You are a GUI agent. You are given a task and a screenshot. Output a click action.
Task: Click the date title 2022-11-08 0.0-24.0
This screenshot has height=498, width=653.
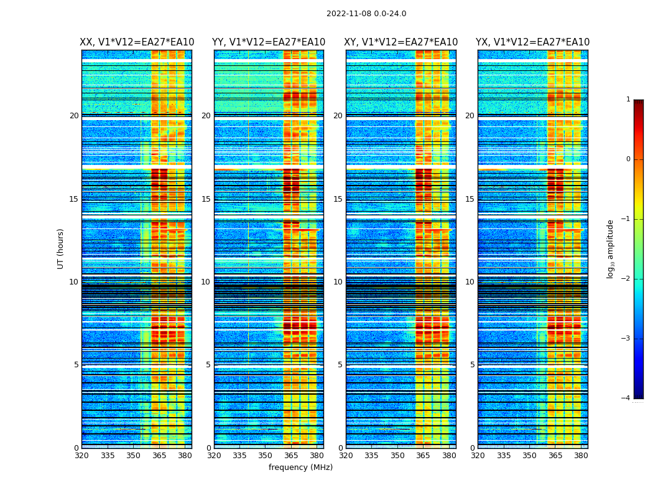tap(366, 14)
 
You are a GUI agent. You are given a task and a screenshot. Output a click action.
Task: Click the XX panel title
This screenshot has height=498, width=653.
tap(137, 42)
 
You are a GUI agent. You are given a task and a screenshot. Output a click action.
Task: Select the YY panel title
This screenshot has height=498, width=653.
tap(269, 42)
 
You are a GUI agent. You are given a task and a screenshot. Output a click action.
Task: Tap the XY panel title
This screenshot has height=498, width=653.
tap(401, 42)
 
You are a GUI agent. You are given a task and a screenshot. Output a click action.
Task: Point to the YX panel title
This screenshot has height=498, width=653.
tap(533, 42)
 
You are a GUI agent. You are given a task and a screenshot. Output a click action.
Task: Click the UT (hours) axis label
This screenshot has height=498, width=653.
tap(61, 248)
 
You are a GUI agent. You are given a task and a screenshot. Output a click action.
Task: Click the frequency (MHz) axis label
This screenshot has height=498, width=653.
tap(300, 467)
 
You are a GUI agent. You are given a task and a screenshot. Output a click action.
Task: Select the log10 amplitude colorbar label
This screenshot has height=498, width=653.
tap(611, 248)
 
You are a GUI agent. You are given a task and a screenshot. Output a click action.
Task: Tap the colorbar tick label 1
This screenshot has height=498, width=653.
tap(628, 100)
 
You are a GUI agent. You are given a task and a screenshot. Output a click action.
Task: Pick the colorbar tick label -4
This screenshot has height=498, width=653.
tap(626, 398)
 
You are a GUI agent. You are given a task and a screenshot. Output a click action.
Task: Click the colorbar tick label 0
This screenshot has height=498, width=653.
tap(628, 159)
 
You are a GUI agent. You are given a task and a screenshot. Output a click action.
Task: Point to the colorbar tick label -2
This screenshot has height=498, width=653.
tap(626, 279)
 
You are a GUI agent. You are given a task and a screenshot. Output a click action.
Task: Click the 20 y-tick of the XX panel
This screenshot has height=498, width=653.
tap(74, 116)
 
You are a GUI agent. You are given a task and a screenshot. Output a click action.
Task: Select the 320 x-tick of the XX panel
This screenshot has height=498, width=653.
tap(81, 456)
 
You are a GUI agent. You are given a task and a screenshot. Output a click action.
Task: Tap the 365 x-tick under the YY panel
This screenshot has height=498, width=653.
tap(291, 456)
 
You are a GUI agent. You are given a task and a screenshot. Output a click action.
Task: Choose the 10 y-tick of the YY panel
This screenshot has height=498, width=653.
tap(206, 282)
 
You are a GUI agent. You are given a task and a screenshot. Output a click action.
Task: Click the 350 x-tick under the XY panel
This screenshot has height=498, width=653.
tap(397, 456)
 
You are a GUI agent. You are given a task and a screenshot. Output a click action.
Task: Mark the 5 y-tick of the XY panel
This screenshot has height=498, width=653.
tap(340, 365)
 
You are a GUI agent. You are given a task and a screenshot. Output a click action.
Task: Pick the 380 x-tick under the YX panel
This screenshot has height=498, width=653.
tap(581, 456)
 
